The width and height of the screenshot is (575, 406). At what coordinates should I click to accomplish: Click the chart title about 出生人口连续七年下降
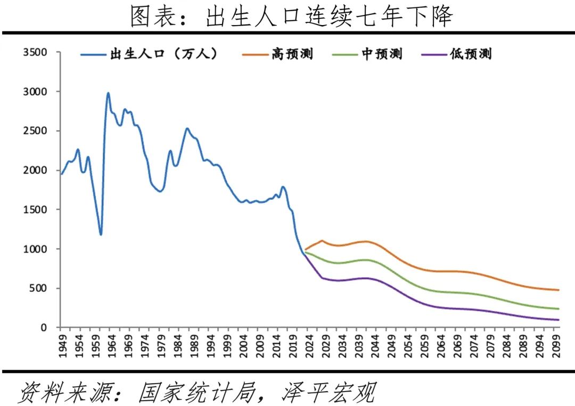tap(292, 17)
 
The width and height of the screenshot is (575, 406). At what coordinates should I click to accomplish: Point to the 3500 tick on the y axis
tap(35, 52)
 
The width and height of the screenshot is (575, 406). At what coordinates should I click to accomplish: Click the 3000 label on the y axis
tap(35, 92)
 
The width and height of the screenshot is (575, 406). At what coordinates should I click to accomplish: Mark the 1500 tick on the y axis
tap(35, 209)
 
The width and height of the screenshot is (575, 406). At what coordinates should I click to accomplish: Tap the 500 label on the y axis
tap(38, 288)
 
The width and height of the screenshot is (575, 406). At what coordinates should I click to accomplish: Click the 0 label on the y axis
tap(44, 328)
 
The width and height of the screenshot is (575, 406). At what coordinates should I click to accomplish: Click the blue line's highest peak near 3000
tap(108, 93)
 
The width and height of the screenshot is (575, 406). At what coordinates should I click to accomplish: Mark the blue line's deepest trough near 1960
tap(100, 234)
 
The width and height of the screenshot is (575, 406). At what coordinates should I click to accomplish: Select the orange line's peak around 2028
tap(322, 240)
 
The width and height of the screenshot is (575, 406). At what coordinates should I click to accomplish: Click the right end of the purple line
tap(558, 320)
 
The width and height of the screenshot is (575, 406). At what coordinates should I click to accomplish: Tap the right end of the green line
tap(558, 308)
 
